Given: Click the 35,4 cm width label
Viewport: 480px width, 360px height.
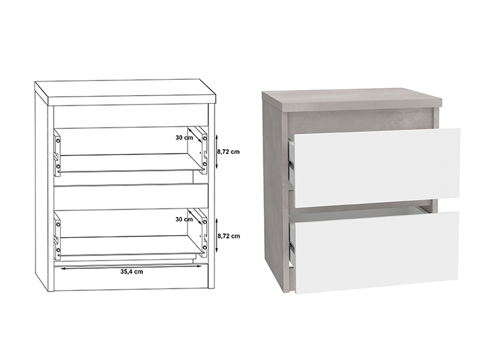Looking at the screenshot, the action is pyautogui.click(x=131, y=272).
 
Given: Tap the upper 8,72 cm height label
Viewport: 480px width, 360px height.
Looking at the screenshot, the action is pyautogui.click(x=229, y=152).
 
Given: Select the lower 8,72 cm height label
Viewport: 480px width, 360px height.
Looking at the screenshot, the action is pyautogui.click(x=229, y=236).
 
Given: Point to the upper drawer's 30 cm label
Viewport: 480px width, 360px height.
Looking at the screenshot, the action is pyautogui.click(x=184, y=137).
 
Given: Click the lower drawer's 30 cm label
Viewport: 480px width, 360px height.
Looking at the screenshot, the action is pyautogui.click(x=184, y=219).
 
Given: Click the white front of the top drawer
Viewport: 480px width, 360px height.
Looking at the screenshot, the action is pyautogui.click(x=377, y=168).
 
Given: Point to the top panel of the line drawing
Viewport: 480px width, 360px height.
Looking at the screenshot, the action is pyautogui.click(x=125, y=92).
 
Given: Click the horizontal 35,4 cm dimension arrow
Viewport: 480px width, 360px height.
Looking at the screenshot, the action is pyautogui.click(x=131, y=267).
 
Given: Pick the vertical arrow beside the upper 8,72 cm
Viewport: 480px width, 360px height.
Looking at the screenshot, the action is pyautogui.click(x=217, y=151).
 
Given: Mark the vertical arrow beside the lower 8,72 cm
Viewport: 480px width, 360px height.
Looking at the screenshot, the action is pyautogui.click(x=217, y=235).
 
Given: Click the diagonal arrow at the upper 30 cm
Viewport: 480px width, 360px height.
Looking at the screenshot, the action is pyautogui.click(x=196, y=135).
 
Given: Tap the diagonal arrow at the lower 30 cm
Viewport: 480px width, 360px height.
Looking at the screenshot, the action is pyautogui.click(x=196, y=217).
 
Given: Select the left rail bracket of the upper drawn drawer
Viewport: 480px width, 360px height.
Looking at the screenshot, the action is pyautogui.click(x=57, y=153).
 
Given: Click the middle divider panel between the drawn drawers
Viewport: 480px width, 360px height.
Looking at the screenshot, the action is pyautogui.click(x=131, y=197).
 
